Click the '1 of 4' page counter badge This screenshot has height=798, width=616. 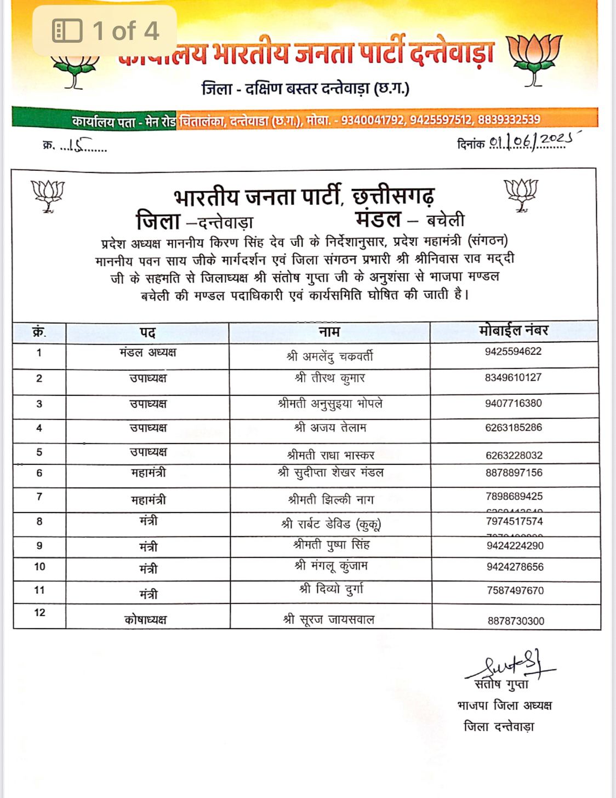pos(105,31)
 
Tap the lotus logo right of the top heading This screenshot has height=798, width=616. pos(534,59)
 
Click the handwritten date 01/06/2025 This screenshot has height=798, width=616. pos(529,141)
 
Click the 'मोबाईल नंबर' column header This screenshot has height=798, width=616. pos(514,331)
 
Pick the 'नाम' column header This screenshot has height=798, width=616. pos(329,331)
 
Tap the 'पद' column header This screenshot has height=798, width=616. pos(147,332)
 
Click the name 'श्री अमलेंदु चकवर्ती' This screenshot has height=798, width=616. pos(329,357)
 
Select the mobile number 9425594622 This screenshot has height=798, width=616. pos(513,352)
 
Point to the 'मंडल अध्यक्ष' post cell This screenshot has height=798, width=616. pos(148,353)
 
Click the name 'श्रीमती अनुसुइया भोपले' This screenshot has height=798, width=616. pos(330,404)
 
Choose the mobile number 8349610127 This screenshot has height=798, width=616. pos(513,377)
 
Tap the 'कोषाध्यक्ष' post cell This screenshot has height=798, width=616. pos(146,620)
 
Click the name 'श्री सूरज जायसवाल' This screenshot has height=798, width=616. pos(329,619)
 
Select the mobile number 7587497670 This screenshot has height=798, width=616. pos(515,590)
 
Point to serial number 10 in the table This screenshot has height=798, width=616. pos(39,567)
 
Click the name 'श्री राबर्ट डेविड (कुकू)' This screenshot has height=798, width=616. pos(331,524)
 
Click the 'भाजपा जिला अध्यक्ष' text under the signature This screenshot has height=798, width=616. pos(505,705)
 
